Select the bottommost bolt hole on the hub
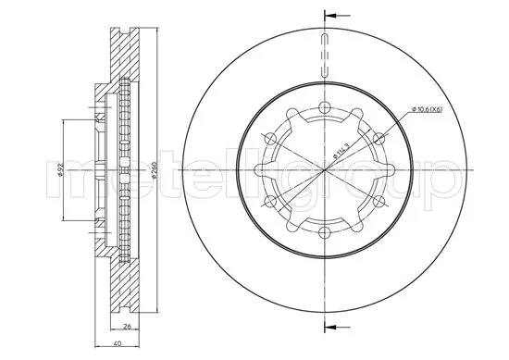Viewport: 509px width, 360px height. click(325, 234)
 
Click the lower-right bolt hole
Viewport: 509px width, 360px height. click(380, 202)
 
